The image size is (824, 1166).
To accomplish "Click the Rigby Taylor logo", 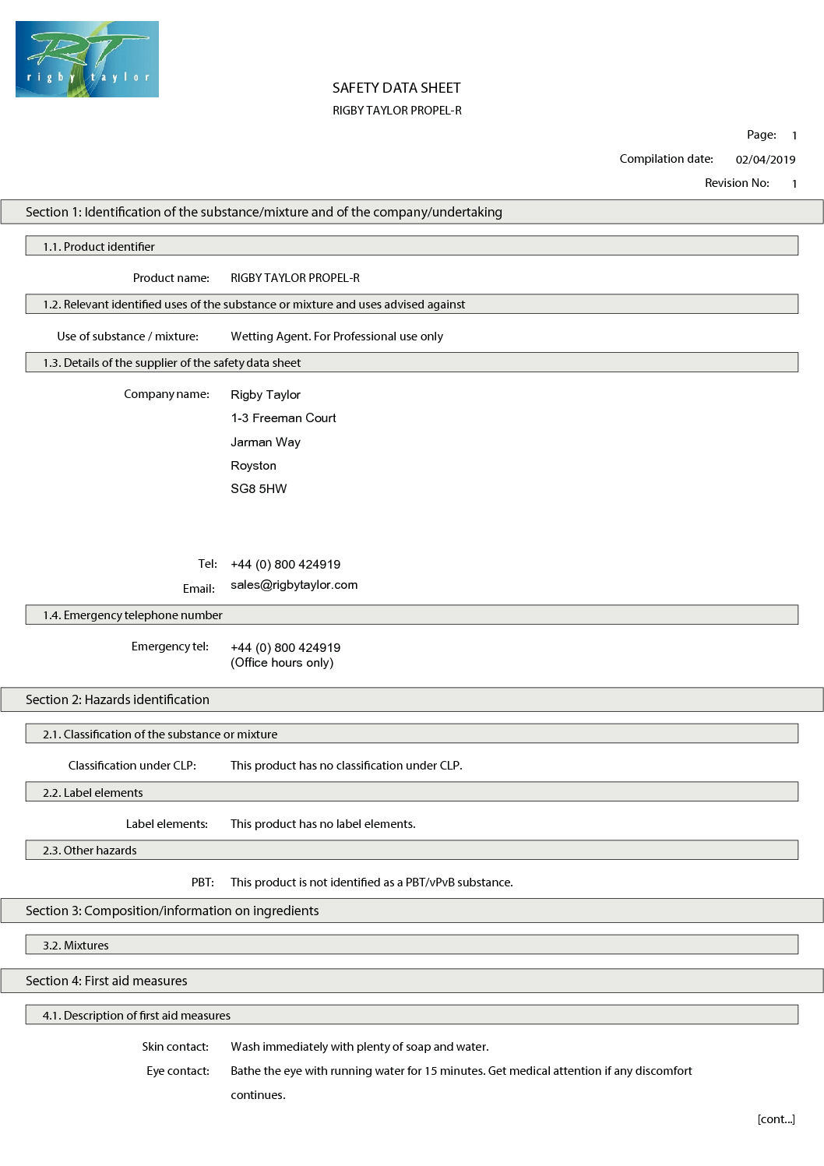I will pyautogui.click(x=87, y=59).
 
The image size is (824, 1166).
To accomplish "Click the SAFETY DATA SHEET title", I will pyautogui.click(x=396, y=88).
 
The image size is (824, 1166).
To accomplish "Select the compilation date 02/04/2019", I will pyautogui.click(x=765, y=160).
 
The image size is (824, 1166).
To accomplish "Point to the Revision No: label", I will pyautogui.click(x=737, y=183).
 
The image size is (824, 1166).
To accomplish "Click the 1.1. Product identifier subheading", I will pyautogui.click(x=99, y=247).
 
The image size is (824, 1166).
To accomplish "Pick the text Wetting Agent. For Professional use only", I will pyautogui.click(x=336, y=336).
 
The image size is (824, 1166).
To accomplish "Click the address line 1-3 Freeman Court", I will pyautogui.click(x=283, y=418).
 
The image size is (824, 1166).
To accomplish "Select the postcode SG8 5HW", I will pyautogui.click(x=259, y=489).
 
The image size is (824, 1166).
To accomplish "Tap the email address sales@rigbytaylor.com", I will pyautogui.click(x=294, y=585).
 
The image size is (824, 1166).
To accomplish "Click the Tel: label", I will pyautogui.click(x=207, y=564).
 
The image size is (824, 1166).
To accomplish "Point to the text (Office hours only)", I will pyautogui.click(x=282, y=663).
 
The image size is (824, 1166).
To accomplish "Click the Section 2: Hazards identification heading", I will pyautogui.click(x=118, y=699).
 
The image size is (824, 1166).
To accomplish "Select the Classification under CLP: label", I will pyautogui.click(x=132, y=766).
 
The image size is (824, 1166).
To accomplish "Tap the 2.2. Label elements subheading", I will pyautogui.click(x=93, y=793).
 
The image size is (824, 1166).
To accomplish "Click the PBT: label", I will pyautogui.click(x=202, y=882).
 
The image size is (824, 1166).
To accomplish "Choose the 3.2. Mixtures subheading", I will pyautogui.click(x=76, y=946).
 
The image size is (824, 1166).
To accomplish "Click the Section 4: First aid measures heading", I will pyautogui.click(x=107, y=981).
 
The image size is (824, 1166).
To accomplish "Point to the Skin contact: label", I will pyautogui.click(x=175, y=1047).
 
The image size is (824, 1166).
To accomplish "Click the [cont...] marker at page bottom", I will pyautogui.click(x=776, y=1119).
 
